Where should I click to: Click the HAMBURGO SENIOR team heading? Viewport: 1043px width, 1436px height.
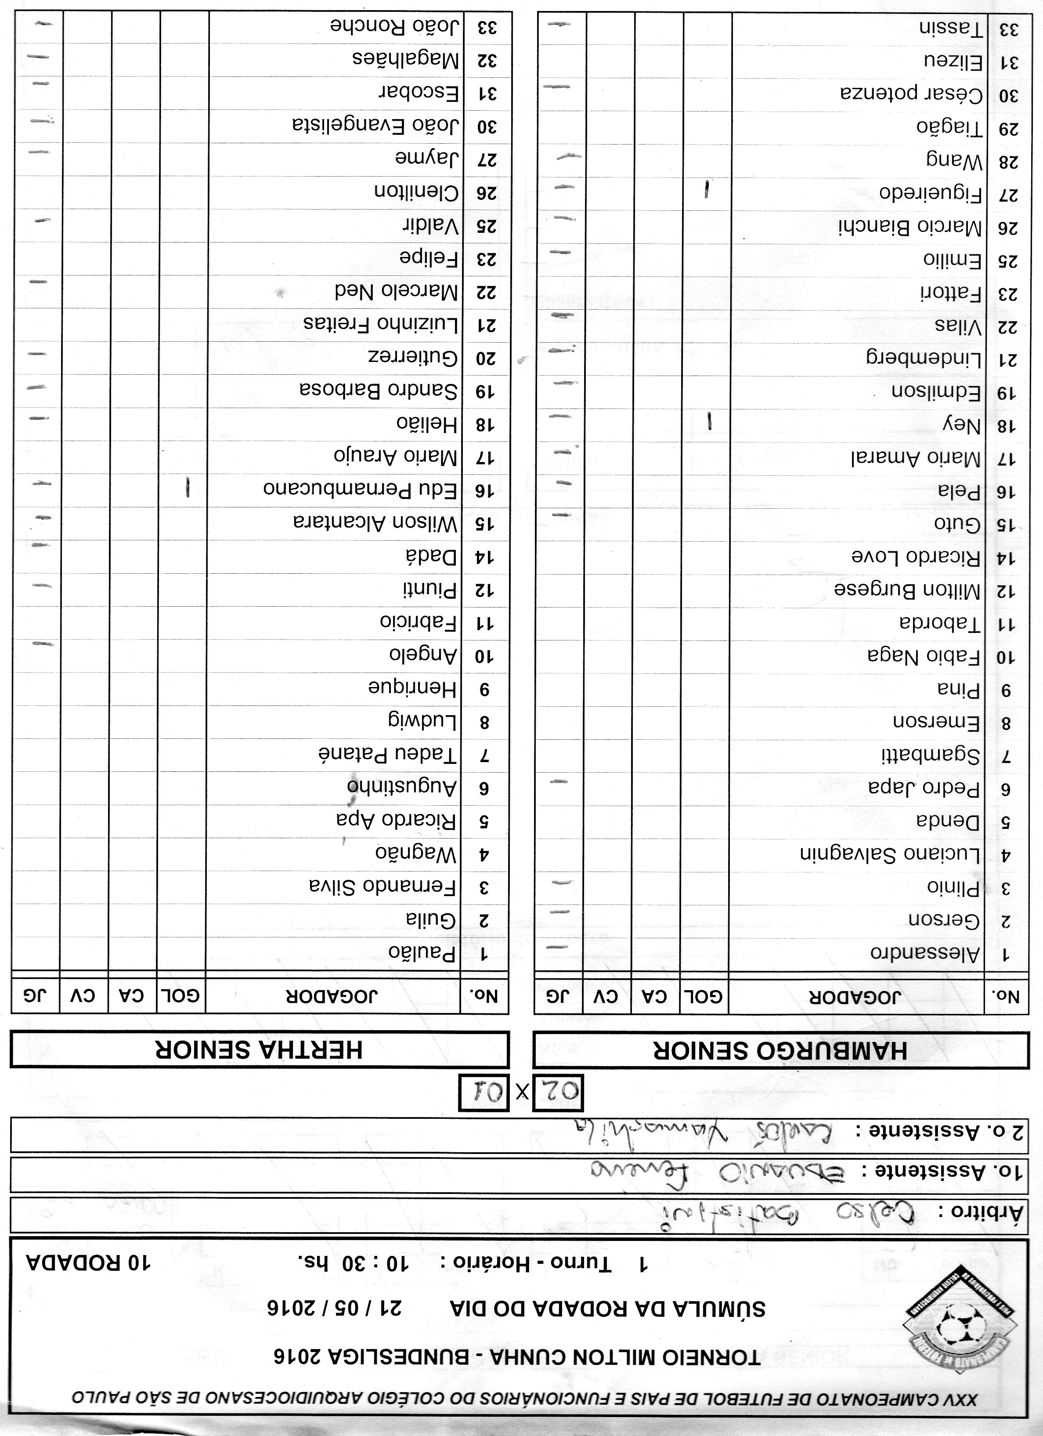tap(780, 1050)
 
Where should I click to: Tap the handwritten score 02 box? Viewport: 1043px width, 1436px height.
tap(558, 1091)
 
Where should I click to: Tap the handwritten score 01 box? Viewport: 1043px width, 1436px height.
tap(483, 1091)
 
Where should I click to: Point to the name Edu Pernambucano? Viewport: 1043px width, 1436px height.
tap(360, 489)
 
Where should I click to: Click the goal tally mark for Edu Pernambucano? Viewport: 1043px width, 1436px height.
tap(188, 488)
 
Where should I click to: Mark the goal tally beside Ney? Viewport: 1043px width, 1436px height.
tap(710, 422)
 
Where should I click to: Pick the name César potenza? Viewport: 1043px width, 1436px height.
tap(911, 94)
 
